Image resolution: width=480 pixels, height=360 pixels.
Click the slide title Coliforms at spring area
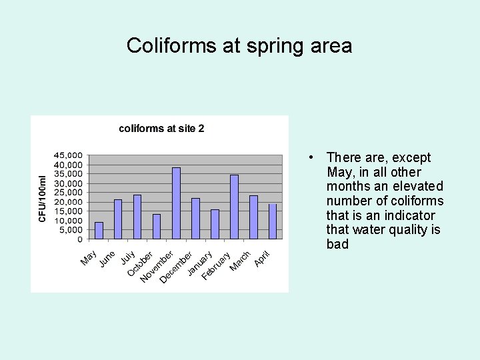click(239, 45)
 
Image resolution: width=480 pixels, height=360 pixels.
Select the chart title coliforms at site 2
click(161, 129)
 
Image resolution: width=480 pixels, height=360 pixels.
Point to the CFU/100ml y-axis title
click(43, 199)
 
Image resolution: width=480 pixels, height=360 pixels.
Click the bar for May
click(99, 230)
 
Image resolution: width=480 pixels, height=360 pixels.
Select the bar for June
click(118, 219)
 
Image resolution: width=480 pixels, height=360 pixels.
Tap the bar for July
click(137, 217)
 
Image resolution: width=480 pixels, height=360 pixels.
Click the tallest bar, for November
click(176, 203)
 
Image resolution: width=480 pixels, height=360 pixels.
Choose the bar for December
click(195, 218)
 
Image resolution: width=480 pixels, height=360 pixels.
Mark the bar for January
click(215, 224)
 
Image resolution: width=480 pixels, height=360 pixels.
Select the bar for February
click(234, 207)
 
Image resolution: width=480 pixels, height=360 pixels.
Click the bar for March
click(253, 217)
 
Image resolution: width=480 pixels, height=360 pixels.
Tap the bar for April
click(273, 221)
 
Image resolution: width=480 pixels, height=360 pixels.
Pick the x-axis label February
click(217, 265)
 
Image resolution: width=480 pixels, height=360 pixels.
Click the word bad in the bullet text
click(337, 245)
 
